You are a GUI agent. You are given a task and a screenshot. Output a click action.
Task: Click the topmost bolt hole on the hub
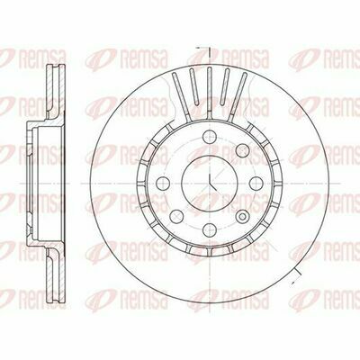210,137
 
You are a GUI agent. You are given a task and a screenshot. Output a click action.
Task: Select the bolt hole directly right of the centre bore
256,184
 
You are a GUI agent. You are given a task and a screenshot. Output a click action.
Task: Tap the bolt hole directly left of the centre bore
163,184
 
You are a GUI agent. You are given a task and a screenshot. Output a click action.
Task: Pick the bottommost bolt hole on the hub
210,229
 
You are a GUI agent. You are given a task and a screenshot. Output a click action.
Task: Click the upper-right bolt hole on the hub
242,150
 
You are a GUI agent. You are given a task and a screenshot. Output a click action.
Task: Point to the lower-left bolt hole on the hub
176,216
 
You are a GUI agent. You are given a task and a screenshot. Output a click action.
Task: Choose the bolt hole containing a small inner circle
242,216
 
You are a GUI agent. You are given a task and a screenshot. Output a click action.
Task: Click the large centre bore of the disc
210,184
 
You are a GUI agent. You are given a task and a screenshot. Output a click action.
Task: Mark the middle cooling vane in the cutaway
210,93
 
